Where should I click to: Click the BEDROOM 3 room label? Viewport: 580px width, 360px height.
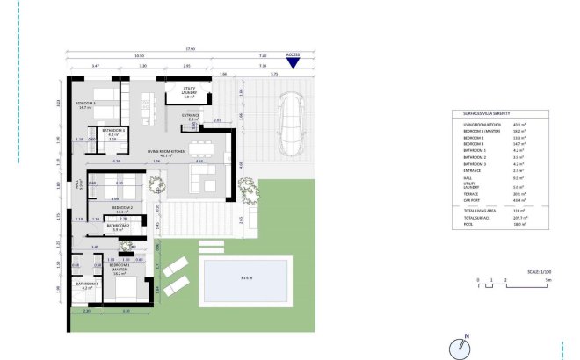point(86,105)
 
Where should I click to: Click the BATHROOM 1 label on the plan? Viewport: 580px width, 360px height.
point(86,284)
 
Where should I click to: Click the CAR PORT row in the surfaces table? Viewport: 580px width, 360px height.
point(472,201)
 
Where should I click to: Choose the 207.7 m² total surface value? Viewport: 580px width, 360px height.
point(522,216)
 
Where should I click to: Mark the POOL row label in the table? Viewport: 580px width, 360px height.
point(468,223)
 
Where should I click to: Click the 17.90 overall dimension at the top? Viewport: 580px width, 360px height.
point(189,49)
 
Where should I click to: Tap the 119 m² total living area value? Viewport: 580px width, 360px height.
point(520,211)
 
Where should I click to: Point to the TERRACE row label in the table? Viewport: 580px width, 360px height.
point(471,195)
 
